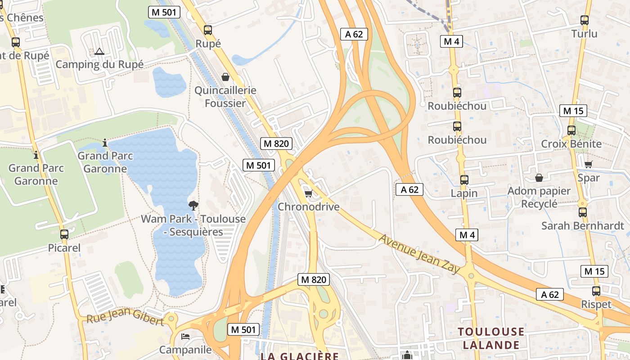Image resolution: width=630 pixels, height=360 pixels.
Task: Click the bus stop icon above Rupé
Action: [207, 30]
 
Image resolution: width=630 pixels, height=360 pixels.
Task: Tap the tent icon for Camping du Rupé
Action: [99, 51]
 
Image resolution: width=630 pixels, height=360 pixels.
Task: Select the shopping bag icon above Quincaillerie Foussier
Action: [225, 77]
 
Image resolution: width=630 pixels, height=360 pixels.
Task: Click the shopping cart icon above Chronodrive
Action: [308, 193]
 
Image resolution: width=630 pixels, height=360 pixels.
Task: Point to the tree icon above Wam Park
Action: [193, 206]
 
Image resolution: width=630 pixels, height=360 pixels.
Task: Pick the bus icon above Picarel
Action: [64, 234]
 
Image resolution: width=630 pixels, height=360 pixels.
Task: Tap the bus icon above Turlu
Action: [584, 20]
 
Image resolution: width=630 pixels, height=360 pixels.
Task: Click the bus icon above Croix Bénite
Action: [571, 130]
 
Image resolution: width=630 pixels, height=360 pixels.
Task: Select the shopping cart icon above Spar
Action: [588, 164]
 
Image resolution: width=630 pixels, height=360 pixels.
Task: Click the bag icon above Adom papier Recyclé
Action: [539, 178]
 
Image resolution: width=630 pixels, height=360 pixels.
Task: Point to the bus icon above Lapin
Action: [464, 180]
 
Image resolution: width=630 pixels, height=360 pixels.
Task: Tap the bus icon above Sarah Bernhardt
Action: [582, 212]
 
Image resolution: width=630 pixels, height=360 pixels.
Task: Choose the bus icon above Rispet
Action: [596, 291]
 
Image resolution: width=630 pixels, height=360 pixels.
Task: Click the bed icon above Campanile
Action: [185, 336]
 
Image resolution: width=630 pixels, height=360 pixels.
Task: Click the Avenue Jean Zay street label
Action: [419, 253]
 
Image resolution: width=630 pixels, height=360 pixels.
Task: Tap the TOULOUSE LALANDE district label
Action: [491, 338]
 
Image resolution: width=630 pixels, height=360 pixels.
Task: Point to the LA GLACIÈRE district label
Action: [299, 356]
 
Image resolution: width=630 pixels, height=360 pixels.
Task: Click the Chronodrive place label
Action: [308, 207]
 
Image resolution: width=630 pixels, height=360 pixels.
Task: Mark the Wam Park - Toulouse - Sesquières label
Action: [193, 225]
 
